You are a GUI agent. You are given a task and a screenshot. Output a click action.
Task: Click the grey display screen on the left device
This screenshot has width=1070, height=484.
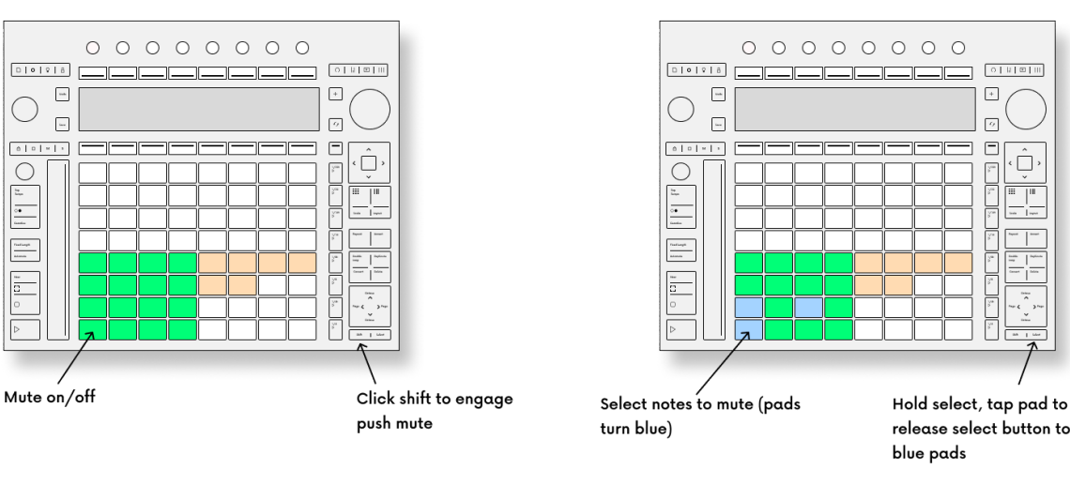click(x=196, y=111)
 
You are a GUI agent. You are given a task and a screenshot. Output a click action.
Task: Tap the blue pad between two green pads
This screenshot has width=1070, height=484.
click(x=808, y=308)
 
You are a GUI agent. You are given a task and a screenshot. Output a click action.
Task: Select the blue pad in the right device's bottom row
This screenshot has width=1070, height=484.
click(x=748, y=328)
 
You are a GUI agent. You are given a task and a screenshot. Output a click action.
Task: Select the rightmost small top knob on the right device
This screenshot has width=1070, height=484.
click(x=958, y=47)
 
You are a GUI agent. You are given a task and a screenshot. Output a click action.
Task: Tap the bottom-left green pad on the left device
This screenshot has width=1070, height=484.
click(x=92, y=328)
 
